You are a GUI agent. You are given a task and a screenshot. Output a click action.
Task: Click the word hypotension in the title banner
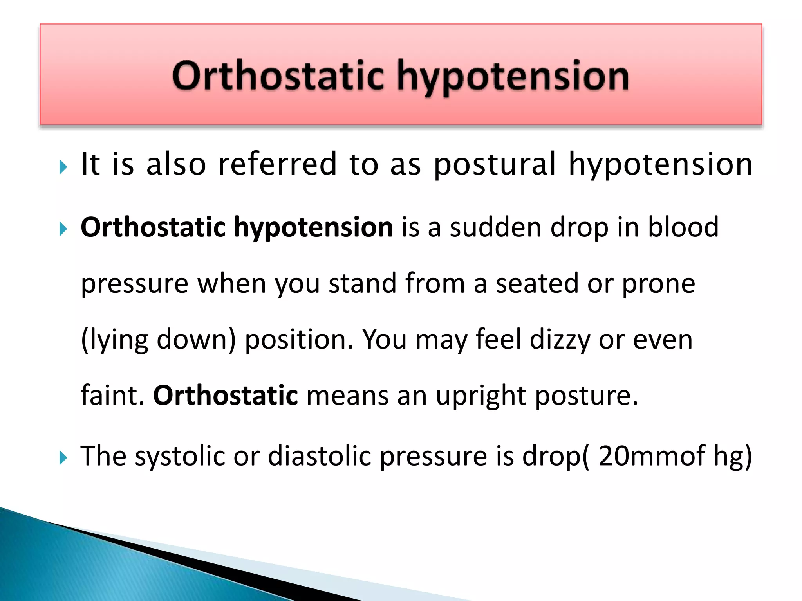513,76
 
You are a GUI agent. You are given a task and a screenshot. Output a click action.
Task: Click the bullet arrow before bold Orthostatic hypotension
63,229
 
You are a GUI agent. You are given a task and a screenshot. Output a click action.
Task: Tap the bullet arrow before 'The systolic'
63,457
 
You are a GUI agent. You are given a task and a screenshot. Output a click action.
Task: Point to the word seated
537,283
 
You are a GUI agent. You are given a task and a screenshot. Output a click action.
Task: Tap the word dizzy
560,340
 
